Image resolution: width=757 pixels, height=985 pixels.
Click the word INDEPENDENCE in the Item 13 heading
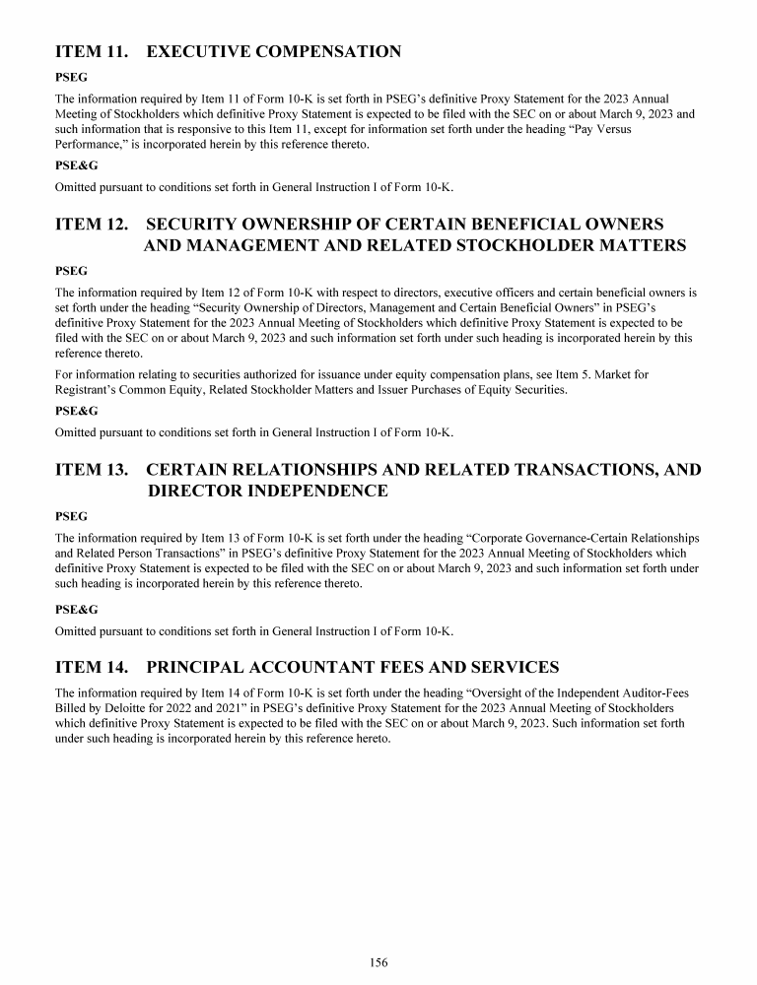tap(268, 492)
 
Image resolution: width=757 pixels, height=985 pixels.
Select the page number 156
tap(378, 962)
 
